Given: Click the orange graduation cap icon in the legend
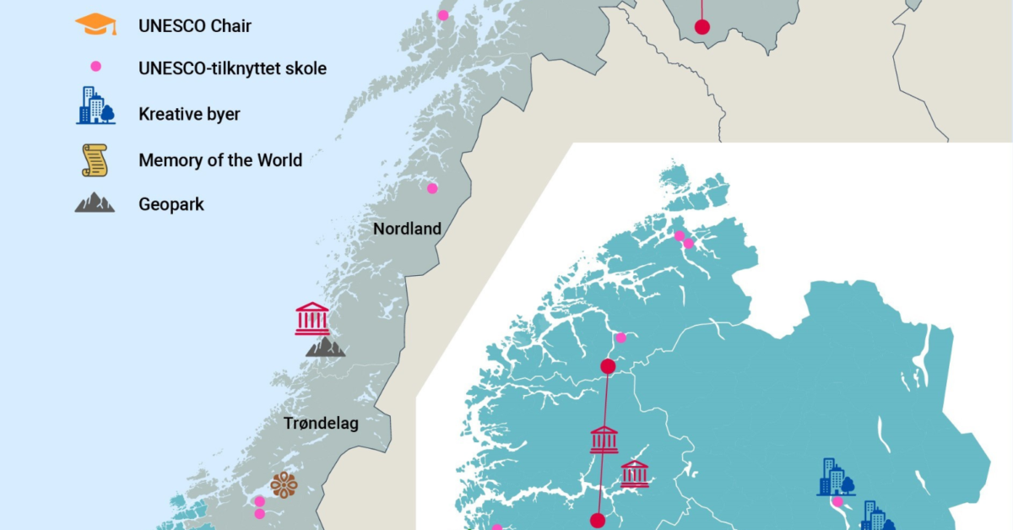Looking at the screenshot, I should [x=95, y=25].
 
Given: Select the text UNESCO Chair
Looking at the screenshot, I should [x=195, y=26].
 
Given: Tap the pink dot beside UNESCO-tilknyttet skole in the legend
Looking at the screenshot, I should [x=95, y=67].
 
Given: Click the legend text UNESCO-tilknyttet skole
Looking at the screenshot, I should [x=232, y=68].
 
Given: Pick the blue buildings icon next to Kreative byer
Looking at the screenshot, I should [x=95, y=105].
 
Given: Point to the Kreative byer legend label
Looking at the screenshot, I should [x=189, y=114].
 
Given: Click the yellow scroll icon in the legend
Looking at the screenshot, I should [x=95, y=160].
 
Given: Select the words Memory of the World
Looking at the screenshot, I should [x=220, y=160].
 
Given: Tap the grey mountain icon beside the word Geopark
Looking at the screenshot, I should [x=95, y=203].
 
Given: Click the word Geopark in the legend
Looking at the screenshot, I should [x=171, y=204].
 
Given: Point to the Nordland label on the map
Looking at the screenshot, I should [x=407, y=229].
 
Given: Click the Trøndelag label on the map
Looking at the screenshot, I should [x=321, y=424].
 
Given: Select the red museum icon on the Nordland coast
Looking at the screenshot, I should [x=312, y=318].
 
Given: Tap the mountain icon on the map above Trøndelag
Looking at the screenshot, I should [x=325, y=346].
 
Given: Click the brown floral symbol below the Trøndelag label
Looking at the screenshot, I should [x=284, y=484].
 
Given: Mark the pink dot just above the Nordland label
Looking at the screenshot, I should [x=432, y=188].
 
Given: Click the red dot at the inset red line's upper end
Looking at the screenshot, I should [x=607, y=366].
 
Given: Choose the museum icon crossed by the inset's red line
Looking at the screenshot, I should [x=604, y=440].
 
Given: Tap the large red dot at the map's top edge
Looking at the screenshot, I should [x=702, y=27].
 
